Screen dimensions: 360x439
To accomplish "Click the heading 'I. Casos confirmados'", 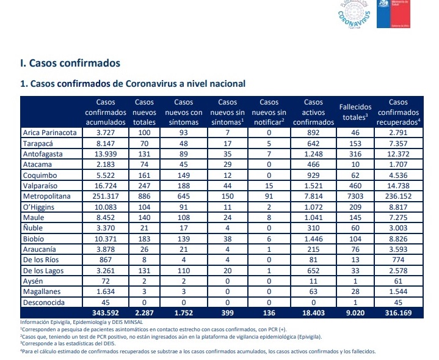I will pyautogui.click(x=70, y=63).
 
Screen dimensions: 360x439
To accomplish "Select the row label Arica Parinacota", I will pyautogui.click(x=49, y=132).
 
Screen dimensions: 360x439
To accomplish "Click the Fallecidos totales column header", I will pyautogui.click(x=356, y=112).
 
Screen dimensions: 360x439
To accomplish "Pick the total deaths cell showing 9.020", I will pyautogui.click(x=356, y=313).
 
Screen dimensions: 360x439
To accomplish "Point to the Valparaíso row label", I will pyautogui.click(x=42, y=186).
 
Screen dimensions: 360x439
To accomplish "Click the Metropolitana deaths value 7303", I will pyautogui.click(x=356, y=196).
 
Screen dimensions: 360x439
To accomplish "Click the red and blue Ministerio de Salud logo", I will pyautogui.click(x=400, y=13).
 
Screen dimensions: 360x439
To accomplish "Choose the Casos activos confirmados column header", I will pyautogui.click(x=314, y=112).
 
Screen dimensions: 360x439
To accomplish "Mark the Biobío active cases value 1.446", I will pyautogui.click(x=314, y=239).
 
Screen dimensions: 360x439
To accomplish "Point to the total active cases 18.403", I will pyautogui.click(x=314, y=313).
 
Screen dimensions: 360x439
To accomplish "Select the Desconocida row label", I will pyautogui.click(x=43, y=303).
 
